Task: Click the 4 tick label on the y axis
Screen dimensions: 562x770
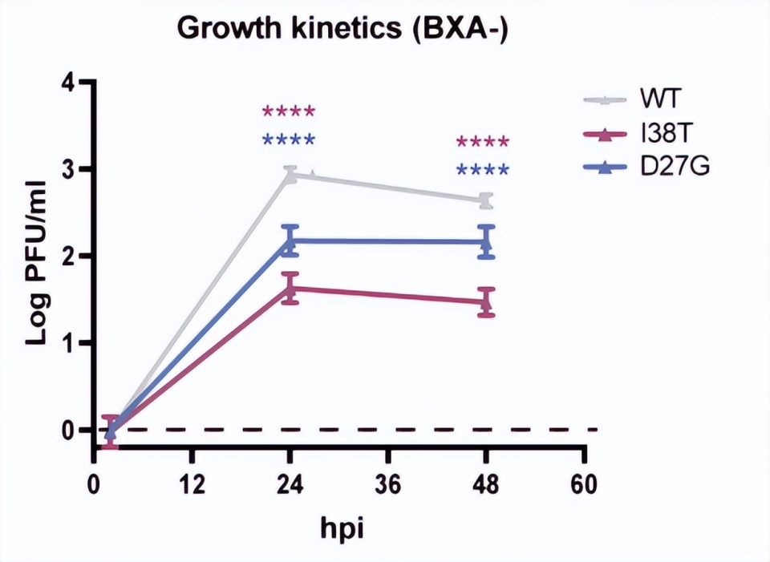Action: tap(69, 83)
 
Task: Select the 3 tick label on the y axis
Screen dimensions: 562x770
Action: tap(69, 169)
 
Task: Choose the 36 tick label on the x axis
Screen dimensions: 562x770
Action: tap(389, 487)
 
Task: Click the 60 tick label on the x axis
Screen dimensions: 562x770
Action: tap(585, 487)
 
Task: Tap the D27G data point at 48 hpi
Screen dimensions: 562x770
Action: tap(486, 241)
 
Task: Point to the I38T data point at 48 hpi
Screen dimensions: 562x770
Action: tap(486, 301)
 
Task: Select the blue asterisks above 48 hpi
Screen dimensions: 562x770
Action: tap(482, 171)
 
